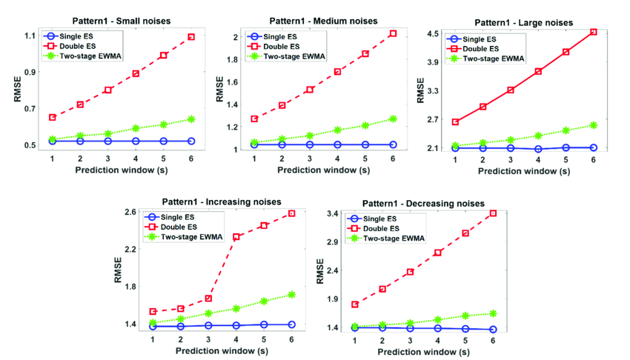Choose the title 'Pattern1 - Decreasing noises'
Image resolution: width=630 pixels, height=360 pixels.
pyautogui.click(x=422, y=203)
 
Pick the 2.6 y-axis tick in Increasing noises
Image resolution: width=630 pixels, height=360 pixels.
pyautogui.click(x=130, y=213)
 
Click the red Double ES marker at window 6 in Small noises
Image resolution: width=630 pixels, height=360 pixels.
pyautogui.click(x=190, y=37)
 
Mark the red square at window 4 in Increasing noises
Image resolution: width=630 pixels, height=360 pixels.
pyautogui.click(x=236, y=237)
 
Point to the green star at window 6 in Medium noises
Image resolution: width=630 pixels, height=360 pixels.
pyautogui.click(x=393, y=119)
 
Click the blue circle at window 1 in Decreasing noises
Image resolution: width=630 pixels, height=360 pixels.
pyautogui.click(x=354, y=327)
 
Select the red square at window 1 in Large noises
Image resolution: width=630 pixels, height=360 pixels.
pyautogui.click(x=455, y=121)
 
